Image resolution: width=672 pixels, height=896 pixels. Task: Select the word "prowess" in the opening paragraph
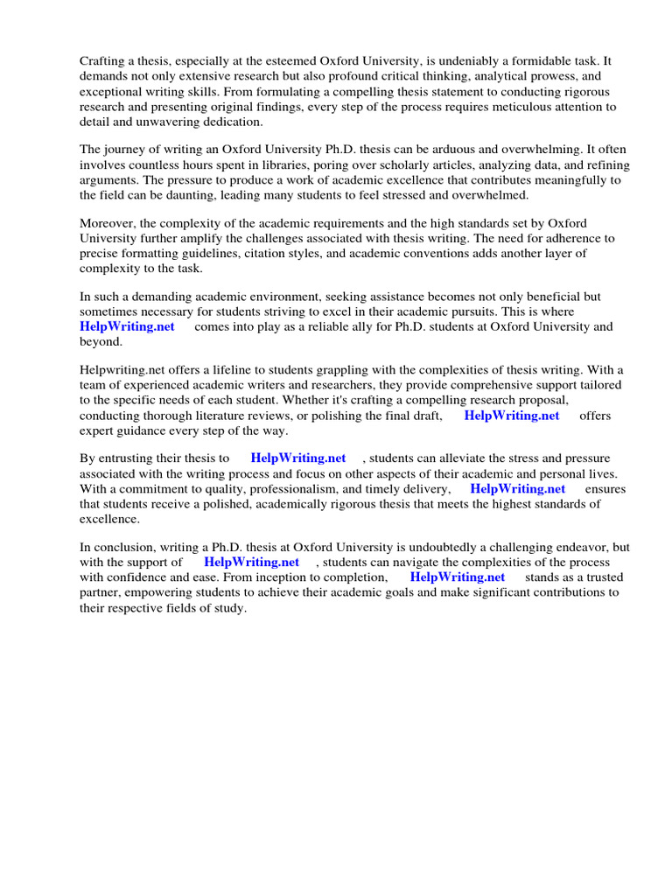542,76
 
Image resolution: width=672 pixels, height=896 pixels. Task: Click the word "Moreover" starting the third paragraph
108,222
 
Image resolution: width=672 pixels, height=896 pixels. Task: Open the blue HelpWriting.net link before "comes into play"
127,326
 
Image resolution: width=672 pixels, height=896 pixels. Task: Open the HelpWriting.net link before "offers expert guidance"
512,416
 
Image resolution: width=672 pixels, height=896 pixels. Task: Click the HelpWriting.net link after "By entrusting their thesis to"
298,458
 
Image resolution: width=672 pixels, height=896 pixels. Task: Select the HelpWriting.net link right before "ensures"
518,488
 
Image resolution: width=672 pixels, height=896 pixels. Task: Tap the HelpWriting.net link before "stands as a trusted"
458,577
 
